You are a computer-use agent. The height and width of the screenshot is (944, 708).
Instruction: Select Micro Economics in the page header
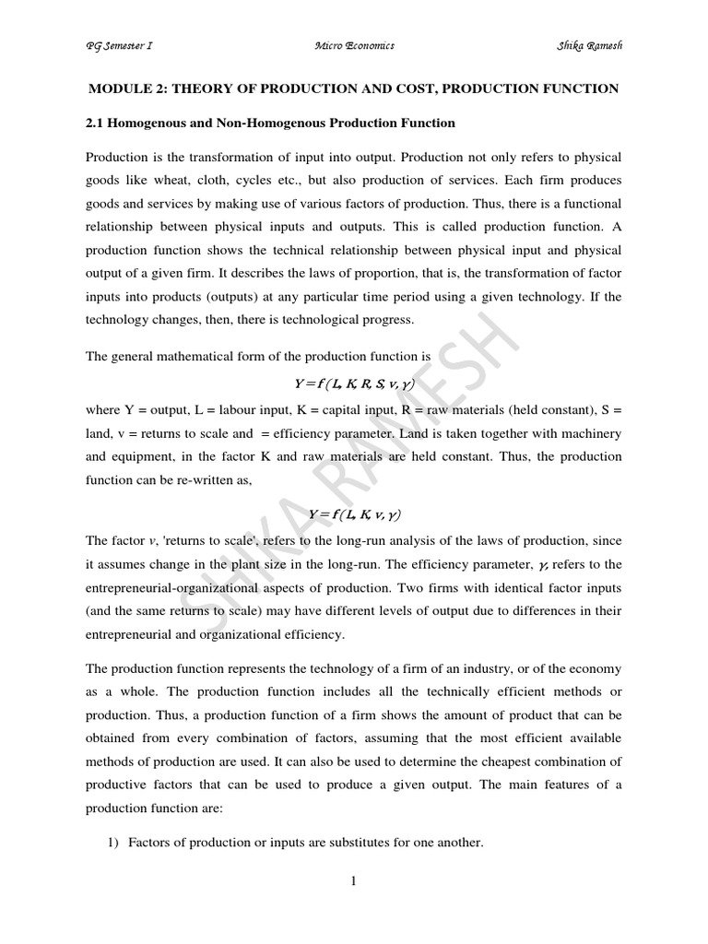click(x=354, y=46)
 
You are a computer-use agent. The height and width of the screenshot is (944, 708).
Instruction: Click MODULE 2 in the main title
click(x=124, y=88)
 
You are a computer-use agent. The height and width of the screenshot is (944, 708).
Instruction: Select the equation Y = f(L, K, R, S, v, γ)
click(x=354, y=383)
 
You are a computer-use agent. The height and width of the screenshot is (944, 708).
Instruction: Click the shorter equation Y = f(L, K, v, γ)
click(x=354, y=513)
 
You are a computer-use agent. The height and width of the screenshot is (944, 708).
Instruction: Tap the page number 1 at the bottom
click(x=353, y=881)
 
